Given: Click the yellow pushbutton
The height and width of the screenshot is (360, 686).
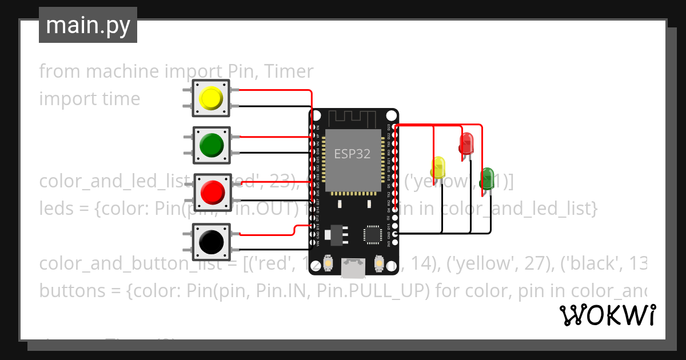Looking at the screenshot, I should [211, 98].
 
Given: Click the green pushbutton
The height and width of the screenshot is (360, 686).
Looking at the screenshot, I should [211, 146].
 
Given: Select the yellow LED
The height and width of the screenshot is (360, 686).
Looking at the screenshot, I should [438, 167].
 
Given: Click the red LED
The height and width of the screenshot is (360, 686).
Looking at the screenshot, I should [466, 143].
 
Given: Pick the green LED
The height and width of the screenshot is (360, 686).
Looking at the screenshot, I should [487, 178].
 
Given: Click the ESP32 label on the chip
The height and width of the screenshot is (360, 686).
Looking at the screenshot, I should [352, 153].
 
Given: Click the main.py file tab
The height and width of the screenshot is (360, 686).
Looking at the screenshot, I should [88, 25].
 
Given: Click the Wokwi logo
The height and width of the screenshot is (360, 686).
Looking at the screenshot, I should [607, 315].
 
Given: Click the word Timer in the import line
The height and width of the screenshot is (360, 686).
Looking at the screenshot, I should [290, 71].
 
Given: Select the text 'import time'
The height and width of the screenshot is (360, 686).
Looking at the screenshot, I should [89, 99].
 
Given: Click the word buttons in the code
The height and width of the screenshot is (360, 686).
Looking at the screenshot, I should [72, 291].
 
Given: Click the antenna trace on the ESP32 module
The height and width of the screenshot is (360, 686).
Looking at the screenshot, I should [353, 119].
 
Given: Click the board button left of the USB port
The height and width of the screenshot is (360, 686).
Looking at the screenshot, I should [328, 263].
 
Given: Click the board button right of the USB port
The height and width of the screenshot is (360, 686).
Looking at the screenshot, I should [378, 263].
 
